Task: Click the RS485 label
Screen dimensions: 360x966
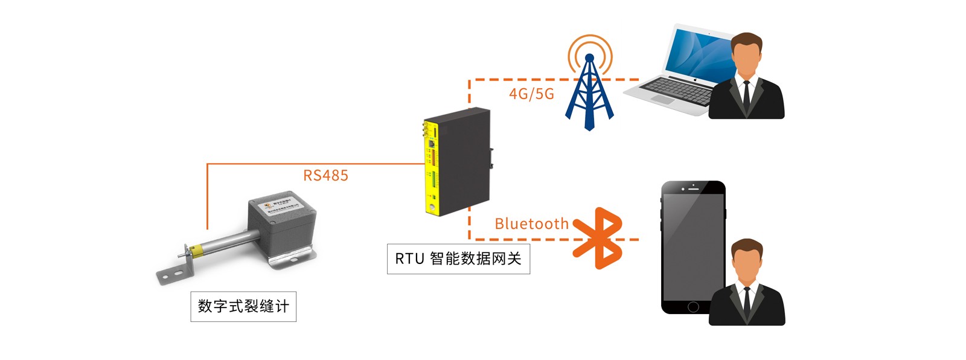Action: tap(325, 176)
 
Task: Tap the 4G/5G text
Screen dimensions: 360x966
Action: tap(531, 94)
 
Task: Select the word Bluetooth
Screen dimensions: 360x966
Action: tap(531, 224)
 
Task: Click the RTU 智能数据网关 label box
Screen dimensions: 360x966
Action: tap(458, 259)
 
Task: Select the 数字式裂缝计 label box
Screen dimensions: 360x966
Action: tap(243, 306)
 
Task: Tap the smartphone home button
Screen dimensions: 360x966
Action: tap(693, 306)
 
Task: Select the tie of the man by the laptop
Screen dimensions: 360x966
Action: tap(747, 94)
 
